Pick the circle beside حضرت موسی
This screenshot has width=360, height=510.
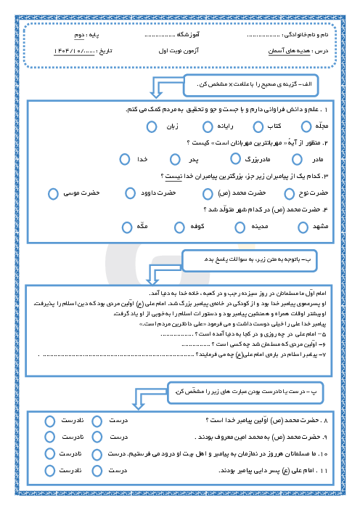pos(52,193)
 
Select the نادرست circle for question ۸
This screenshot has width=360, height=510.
pos(49,421)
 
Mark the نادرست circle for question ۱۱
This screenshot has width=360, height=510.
pos(49,471)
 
